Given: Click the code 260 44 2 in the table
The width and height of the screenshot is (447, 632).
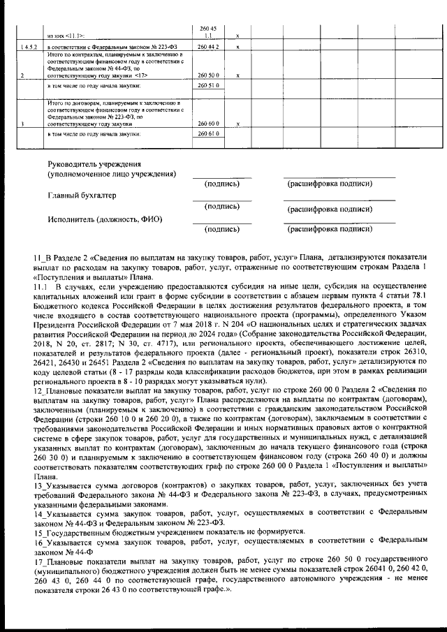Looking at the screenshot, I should [x=209, y=46].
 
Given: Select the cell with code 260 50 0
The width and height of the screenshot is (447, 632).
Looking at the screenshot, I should [x=209, y=75].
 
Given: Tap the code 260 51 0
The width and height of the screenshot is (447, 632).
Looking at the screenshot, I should [x=209, y=85].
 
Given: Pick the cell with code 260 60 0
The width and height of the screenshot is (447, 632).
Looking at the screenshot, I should [x=209, y=123].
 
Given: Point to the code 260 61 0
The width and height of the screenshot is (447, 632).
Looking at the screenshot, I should [x=209, y=133].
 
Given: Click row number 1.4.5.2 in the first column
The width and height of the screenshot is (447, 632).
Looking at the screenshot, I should [x=29, y=46].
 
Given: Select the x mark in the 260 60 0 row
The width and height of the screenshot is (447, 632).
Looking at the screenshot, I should [x=239, y=124].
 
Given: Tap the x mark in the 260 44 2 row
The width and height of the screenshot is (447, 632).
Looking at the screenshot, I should [x=239, y=46].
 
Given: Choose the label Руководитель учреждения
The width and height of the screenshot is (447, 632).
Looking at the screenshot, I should [x=91, y=163].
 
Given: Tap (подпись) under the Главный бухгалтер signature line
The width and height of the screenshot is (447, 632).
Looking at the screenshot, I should [x=222, y=207].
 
